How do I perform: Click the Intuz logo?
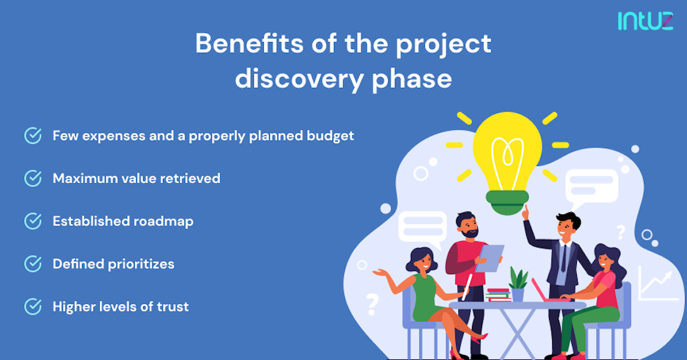[645, 21]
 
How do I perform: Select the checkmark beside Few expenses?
[32, 135]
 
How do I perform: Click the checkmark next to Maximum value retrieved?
[32, 179]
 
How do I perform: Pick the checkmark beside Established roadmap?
[32, 221]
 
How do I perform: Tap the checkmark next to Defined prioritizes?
[32, 264]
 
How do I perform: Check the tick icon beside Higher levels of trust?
[32, 307]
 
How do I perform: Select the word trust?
[173, 307]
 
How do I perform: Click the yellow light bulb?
[507, 153]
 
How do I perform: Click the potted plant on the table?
[518, 284]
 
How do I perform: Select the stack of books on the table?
[497, 294]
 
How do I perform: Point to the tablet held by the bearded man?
[489, 258]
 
